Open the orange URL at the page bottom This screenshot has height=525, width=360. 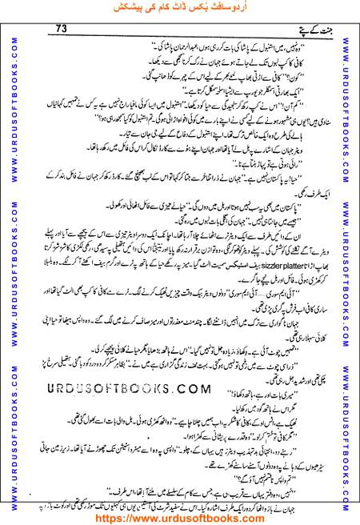[179, 516]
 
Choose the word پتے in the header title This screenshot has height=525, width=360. [288, 30]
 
